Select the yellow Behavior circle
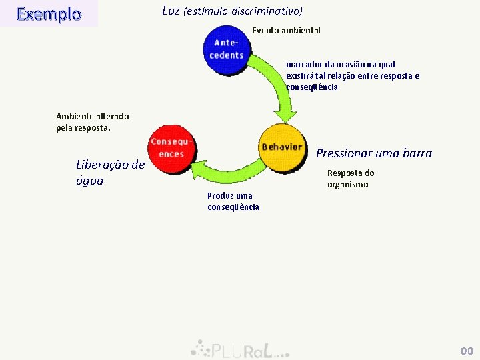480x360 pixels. point(281,148)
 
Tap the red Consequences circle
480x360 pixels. point(171,148)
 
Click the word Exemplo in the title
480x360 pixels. point(49,14)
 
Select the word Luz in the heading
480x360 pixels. point(171,11)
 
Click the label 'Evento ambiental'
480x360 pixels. point(286,31)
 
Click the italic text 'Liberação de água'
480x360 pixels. point(110,172)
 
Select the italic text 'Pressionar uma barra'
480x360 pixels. point(374,153)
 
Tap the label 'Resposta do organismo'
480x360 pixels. point(351,179)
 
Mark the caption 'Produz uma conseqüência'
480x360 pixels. point(233,201)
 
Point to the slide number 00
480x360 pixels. point(467,351)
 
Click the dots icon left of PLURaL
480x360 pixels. point(199,347)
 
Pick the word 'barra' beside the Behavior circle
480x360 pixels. point(417,153)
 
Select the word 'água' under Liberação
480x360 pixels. point(90,180)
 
